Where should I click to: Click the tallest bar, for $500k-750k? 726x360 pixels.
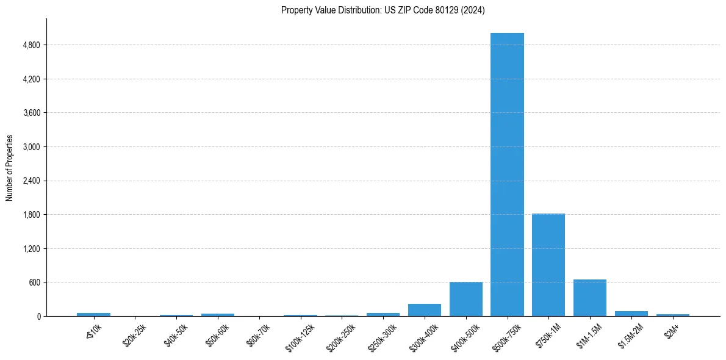coord(507,175)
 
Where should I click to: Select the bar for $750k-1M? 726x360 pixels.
coord(548,265)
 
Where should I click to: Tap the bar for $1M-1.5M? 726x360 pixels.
coord(590,298)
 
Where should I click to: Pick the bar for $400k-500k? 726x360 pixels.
coord(466,299)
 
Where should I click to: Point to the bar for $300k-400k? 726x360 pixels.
coord(425,310)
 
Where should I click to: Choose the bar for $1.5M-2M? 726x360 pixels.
coord(631,314)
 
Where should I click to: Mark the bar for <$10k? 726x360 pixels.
coord(93,314)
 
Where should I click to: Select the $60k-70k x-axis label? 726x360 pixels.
coord(257,334)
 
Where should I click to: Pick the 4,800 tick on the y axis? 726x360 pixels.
coord(30,45)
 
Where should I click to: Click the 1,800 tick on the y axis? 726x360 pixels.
coord(30,215)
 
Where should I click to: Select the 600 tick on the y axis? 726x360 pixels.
coord(34,283)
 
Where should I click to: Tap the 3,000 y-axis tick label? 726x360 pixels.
coord(30,147)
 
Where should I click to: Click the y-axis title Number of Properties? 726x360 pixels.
coord(9,168)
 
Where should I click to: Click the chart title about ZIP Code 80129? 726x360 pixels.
coord(383,10)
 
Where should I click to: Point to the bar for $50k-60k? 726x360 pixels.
coord(218,315)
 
